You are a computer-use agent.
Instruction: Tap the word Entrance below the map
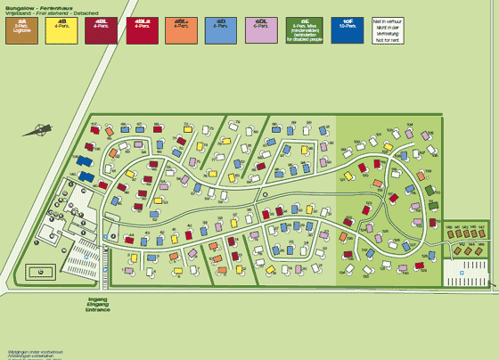(99, 310)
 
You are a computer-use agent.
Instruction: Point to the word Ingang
(98, 299)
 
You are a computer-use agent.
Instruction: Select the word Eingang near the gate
(98, 305)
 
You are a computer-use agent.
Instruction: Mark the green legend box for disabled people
(305, 29)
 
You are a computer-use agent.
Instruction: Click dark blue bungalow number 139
(84, 161)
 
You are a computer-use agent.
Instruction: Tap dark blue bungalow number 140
(90, 176)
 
